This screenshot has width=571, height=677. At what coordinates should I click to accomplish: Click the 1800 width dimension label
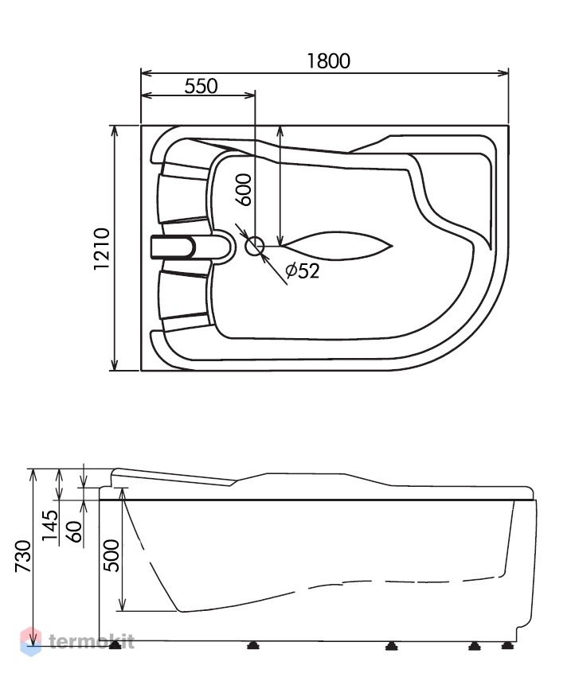[329, 61]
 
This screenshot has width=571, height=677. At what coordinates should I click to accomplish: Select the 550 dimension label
[201, 87]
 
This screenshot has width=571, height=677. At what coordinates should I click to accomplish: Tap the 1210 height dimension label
[102, 249]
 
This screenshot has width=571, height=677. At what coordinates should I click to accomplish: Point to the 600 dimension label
[244, 190]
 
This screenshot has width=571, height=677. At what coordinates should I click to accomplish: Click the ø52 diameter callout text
[303, 270]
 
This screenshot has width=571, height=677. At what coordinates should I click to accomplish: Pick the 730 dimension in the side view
[23, 556]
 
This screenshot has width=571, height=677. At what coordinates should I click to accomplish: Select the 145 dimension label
[49, 526]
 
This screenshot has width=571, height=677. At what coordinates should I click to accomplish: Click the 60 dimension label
[74, 532]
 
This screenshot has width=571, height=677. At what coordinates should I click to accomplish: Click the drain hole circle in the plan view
[255, 246]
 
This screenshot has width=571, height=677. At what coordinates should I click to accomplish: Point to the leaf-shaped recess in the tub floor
[337, 246]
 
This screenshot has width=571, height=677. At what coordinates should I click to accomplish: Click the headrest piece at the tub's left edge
[174, 248]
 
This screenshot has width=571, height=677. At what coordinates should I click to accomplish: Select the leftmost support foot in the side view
[115, 645]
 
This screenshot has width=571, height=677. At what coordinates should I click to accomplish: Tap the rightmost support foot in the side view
[507, 645]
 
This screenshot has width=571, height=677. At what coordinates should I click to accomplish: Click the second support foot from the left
[253, 645]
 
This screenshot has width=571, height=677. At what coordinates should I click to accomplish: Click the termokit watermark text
[92, 641]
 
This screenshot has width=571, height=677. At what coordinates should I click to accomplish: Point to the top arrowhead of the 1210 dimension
[115, 130]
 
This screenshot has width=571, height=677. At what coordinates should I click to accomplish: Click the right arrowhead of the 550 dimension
[250, 95]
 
